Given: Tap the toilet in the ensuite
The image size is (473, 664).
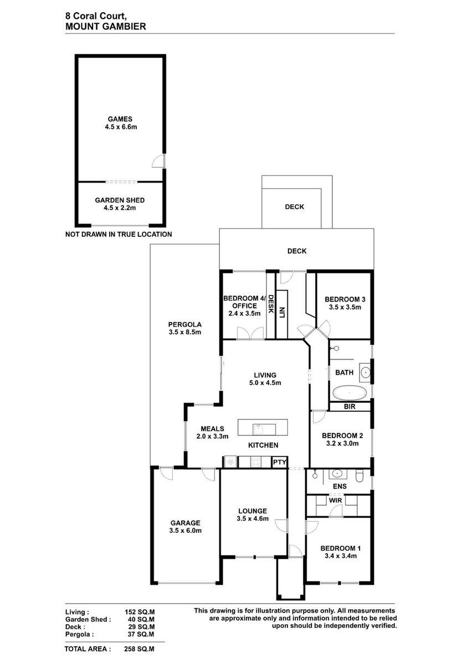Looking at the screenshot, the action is pyautogui.click(x=359, y=475).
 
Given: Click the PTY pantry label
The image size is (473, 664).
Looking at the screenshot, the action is pyautogui.click(x=280, y=462).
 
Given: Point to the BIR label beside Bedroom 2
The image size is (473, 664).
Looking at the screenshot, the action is pyautogui.click(x=349, y=406).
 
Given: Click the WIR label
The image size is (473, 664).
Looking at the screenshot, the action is pyautogui.click(x=335, y=500).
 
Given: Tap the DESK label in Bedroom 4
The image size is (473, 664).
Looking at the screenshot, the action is pyautogui.click(x=271, y=304).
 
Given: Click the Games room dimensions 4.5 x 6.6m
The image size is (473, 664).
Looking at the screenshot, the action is pyautogui.click(x=121, y=127).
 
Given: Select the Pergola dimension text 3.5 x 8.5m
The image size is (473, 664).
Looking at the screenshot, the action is pyautogui.click(x=185, y=333).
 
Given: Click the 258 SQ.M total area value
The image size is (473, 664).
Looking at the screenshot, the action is pyautogui.click(x=139, y=649).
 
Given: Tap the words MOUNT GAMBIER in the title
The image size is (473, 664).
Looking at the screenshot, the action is pyautogui.click(x=106, y=27).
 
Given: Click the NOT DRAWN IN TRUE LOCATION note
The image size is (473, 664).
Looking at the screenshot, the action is pyautogui.click(x=119, y=234).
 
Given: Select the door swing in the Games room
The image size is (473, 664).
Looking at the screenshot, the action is pyautogui.click(x=158, y=161).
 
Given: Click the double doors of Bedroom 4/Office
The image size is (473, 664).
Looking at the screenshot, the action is pyautogui.click(x=250, y=333).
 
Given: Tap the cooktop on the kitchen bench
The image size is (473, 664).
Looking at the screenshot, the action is pyautogui.click(x=256, y=461).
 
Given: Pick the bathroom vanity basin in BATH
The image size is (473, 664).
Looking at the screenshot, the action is pyautogui.click(x=366, y=371).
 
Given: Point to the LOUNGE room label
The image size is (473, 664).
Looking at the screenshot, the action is pyautogui.click(x=253, y=511).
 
